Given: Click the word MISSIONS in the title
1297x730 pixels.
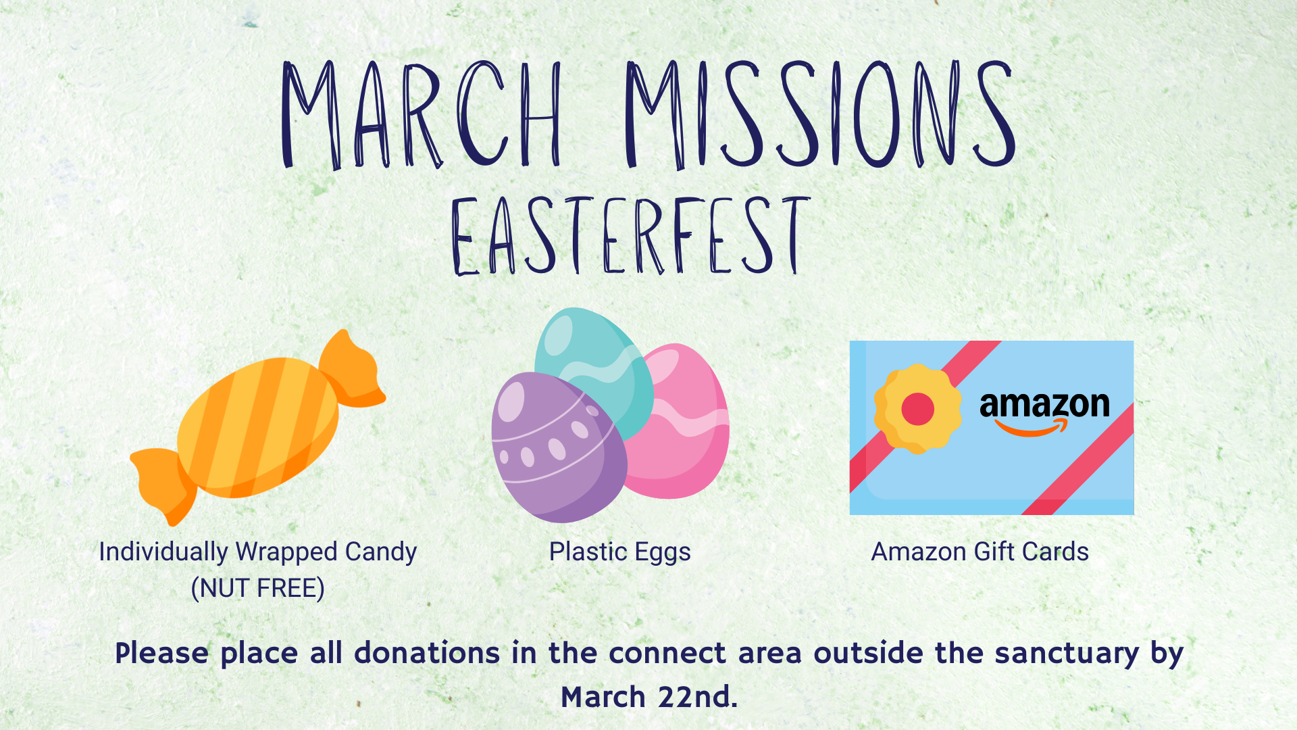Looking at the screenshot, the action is pyautogui.click(x=820, y=114).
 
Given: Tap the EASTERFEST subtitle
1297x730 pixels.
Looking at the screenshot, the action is pyautogui.click(x=631, y=236).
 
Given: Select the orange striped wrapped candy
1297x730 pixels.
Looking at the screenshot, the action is pyautogui.click(x=258, y=427).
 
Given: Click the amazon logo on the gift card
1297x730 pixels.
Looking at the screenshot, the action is pyautogui.click(x=1044, y=413).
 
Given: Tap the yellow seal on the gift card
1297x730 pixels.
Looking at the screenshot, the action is pyautogui.click(x=917, y=408).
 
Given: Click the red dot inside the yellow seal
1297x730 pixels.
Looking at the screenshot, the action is pyautogui.click(x=917, y=409).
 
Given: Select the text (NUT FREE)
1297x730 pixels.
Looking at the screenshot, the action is pyautogui.click(x=257, y=588).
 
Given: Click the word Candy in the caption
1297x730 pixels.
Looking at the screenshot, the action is pyautogui.click(x=381, y=553).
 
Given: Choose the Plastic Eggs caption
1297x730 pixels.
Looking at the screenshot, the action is pyautogui.click(x=620, y=553).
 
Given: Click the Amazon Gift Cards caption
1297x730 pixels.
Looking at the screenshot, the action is pyautogui.click(x=980, y=552).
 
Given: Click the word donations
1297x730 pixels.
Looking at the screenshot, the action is pyautogui.click(x=427, y=653).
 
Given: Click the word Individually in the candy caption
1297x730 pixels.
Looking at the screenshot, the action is pyautogui.click(x=163, y=553).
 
